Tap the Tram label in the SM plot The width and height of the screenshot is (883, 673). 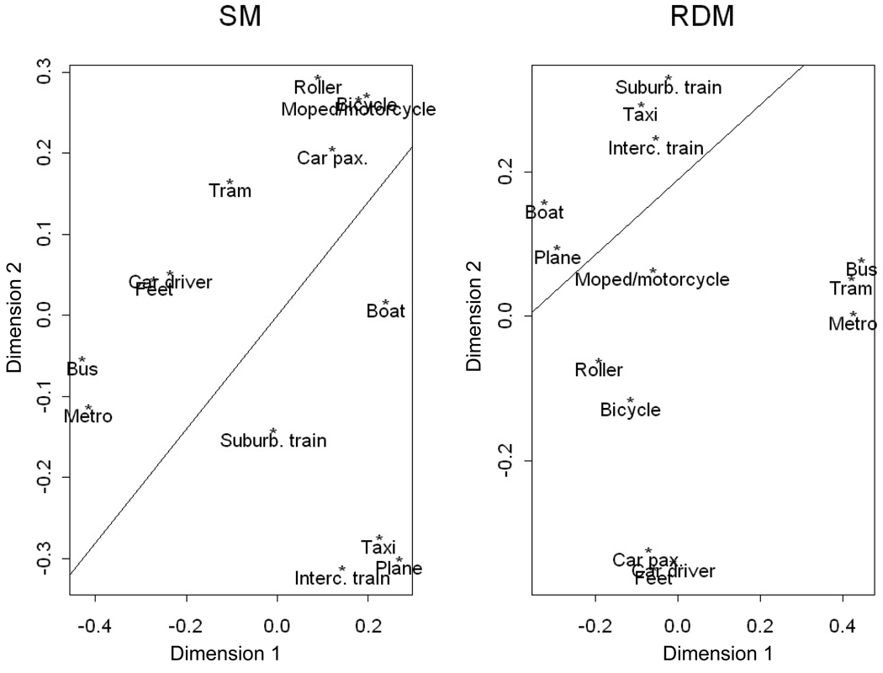click(230, 191)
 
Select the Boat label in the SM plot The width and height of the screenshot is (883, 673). click(386, 311)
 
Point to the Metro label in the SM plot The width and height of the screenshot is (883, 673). click(88, 416)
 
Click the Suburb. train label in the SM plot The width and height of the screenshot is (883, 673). click(274, 440)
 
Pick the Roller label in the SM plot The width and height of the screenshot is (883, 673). click(318, 87)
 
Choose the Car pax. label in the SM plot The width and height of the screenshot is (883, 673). click(332, 157)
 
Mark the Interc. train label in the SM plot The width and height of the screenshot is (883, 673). click(342, 578)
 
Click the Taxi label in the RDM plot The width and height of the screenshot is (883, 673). click(640, 115)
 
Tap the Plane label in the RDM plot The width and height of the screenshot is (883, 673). click(558, 257)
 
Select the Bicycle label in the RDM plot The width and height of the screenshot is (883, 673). click(630, 410)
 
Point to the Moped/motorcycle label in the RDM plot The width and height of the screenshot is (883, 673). click(652, 279)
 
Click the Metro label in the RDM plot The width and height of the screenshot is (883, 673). click(853, 324)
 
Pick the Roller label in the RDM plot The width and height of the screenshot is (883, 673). click(599, 370)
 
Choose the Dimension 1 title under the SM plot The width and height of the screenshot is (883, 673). click(225, 654)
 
